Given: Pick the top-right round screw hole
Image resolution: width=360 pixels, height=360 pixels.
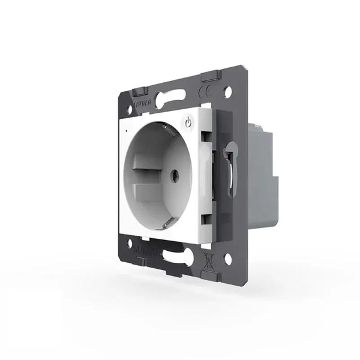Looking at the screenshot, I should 228,93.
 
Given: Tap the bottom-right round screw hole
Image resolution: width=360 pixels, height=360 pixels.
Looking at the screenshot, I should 227,259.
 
